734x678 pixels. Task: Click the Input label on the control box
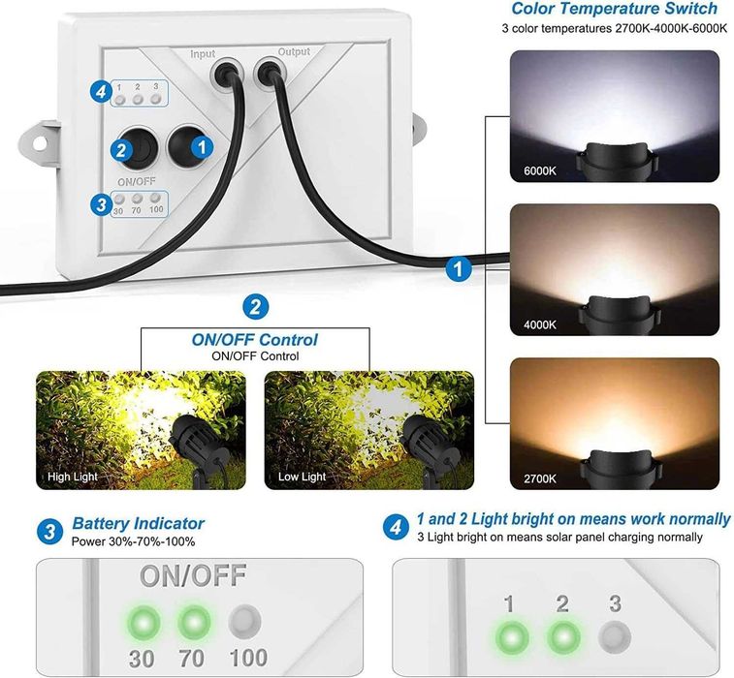[x=203, y=54]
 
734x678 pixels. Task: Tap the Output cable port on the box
[x=271, y=73]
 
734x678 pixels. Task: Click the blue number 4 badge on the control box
[x=101, y=92]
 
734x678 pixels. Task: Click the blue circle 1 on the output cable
[x=459, y=269]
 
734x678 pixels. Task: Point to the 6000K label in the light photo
[x=540, y=171]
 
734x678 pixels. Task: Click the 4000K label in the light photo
[x=540, y=324]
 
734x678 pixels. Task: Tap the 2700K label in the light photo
[x=540, y=478]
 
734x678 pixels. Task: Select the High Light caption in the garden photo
[x=73, y=477]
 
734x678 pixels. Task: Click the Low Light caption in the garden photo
[x=302, y=477]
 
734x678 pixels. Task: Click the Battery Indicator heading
[x=138, y=523]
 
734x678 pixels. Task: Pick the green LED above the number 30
[x=144, y=623]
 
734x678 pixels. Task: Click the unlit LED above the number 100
[x=244, y=622]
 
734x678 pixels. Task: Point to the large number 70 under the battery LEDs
[x=191, y=659]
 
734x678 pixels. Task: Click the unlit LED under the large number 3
[x=615, y=637]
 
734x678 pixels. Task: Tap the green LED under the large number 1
[x=512, y=637]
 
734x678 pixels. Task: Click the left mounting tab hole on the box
[x=40, y=142]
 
